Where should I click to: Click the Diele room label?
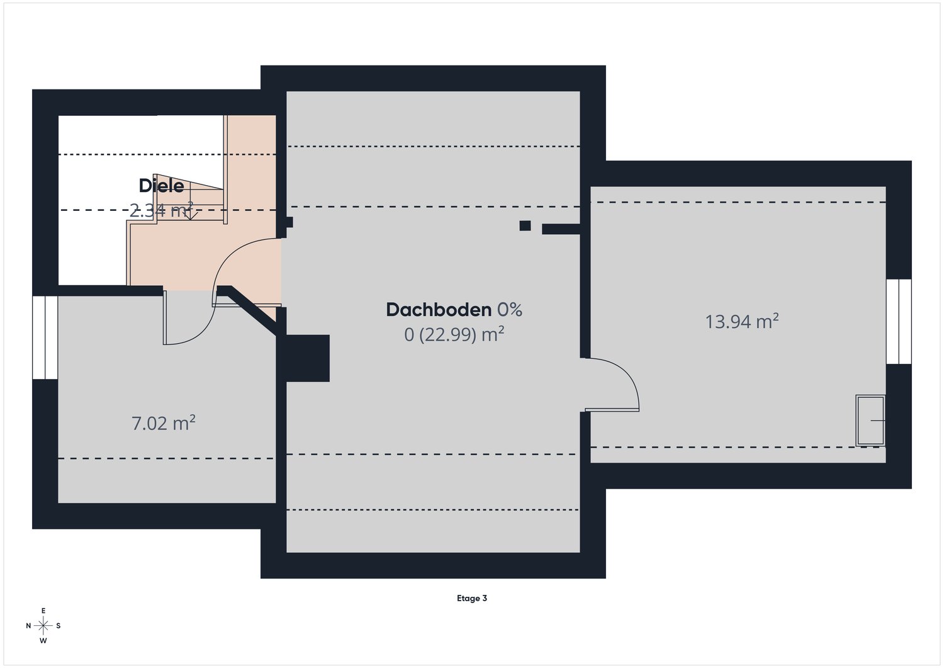(x=161, y=186)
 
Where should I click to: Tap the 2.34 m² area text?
(x=161, y=210)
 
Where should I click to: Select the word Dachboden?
(x=438, y=310)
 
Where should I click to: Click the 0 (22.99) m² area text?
(x=454, y=334)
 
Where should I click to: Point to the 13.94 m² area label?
(x=741, y=322)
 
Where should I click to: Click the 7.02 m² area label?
(x=163, y=423)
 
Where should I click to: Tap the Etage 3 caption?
(x=472, y=598)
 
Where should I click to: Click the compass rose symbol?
(x=43, y=625)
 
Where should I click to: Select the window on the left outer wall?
(x=45, y=337)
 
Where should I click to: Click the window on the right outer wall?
(x=899, y=321)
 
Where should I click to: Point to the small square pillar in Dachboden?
(x=525, y=225)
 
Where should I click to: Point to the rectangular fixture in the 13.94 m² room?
(x=870, y=420)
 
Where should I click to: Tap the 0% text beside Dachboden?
(x=510, y=310)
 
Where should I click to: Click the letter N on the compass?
(x=28, y=626)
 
